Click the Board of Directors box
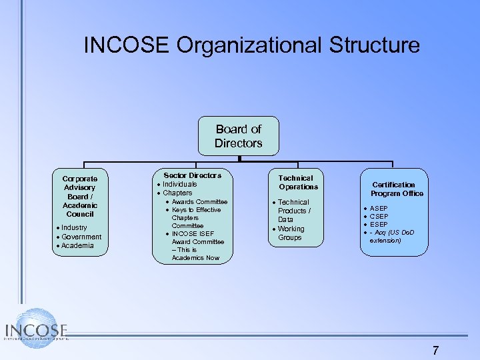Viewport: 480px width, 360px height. [238, 136]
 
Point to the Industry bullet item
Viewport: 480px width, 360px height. [74, 228]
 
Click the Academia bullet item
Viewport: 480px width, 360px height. [77, 245]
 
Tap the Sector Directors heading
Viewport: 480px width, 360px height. [193, 175]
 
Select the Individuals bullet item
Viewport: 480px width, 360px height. [180, 184]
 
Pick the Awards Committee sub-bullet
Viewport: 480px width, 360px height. [199, 201]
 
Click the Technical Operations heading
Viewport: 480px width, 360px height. [295, 182]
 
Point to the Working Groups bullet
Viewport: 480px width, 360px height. [290, 233]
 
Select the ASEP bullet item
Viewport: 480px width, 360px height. [379, 209]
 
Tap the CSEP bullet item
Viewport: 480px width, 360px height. [379, 217]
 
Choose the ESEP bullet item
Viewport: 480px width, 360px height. [379, 225]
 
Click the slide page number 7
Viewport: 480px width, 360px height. [435, 350]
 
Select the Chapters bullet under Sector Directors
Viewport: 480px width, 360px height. [177, 193]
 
